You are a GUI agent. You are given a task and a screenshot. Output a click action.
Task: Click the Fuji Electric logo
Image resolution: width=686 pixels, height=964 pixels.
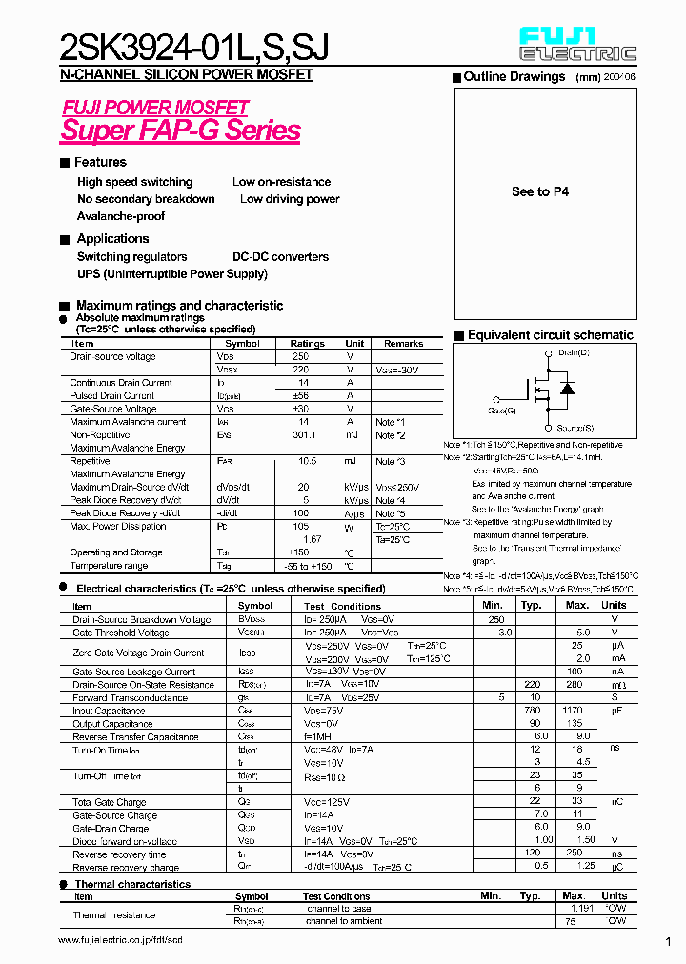tap(576, 43)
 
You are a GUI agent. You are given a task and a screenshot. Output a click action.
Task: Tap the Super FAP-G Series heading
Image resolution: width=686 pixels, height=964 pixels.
tap(180, 131)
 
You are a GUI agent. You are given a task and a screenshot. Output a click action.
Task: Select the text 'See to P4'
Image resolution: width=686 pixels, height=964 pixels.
tap(540, 191)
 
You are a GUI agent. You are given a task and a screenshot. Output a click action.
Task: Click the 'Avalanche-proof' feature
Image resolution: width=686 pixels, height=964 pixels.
tap(121, 216)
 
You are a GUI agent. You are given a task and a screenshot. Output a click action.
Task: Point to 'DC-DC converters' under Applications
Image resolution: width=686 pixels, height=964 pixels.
tap(280, 257)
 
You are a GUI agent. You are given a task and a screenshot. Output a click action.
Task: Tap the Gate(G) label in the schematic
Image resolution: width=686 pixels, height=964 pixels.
tap(501, 410)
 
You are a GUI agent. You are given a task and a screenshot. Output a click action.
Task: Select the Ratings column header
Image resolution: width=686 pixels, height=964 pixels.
tap(307, 344)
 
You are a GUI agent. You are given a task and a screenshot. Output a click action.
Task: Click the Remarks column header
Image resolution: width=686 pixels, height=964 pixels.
tap(403, 344)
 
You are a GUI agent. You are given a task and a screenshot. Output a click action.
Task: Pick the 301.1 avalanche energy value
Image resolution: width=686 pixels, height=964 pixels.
tap(306, 435)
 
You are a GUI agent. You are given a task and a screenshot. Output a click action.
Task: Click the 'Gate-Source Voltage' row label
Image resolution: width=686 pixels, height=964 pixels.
tap(112, 409)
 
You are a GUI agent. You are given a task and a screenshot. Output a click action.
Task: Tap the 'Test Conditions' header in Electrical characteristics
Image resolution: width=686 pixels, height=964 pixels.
tap(342, 606)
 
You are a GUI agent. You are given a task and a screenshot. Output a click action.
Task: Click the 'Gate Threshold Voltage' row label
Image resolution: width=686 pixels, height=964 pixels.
tap(121, 633)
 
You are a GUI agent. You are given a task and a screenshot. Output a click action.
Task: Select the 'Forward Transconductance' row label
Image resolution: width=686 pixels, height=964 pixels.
tap(131, 698)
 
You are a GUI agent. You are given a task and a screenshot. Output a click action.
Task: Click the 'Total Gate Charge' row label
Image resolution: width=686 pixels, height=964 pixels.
tap(110, 803)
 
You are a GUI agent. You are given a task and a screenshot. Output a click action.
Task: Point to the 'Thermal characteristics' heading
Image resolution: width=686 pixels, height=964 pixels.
tap(132, 884)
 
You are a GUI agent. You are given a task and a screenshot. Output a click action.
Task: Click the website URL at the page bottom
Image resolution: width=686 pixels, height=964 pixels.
tap(120, 940)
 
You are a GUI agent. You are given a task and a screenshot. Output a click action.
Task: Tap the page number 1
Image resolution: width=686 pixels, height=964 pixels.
tap(668, 941)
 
